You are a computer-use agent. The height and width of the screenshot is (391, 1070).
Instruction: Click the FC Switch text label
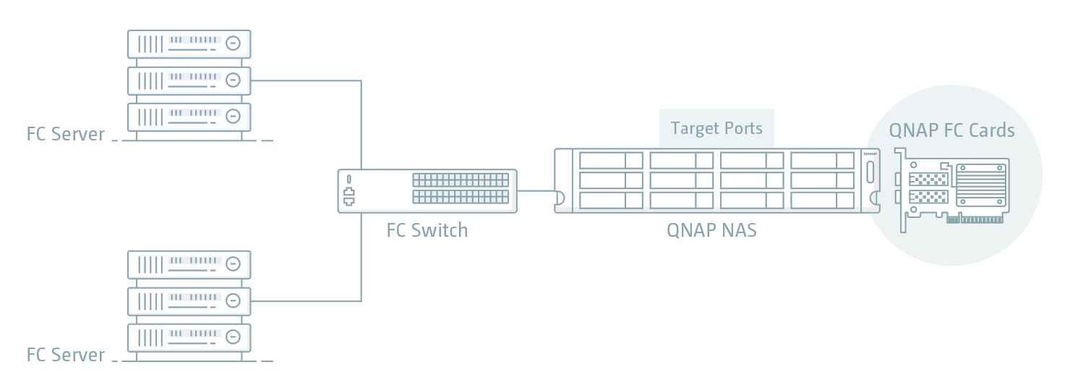pos(427,230)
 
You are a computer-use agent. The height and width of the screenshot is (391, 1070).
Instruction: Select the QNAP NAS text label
pos(711,230)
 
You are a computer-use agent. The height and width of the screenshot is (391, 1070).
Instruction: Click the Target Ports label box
pos(716,129)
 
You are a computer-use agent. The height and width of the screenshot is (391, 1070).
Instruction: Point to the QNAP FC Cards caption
pos(951,130)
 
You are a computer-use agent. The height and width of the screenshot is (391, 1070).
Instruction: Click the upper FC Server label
pos(66,134)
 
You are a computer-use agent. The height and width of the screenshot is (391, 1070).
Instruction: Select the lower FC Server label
pos(66,355)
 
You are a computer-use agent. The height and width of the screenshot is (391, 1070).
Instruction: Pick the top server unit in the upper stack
pos(189,43)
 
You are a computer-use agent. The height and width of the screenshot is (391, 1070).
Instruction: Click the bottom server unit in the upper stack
pos(189,116)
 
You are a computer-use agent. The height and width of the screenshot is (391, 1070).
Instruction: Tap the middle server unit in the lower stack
pos(189,300)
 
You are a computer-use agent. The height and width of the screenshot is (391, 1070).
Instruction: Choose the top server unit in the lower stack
pos(189,264)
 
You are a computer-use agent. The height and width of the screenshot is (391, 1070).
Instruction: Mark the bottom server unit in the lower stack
pos(189,337)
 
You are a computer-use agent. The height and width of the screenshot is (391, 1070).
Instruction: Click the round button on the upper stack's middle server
pos(233,80)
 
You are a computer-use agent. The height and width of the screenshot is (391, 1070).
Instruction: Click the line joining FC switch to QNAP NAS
pos(535,191)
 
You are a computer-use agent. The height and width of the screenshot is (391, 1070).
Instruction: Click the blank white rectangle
pos(800,324)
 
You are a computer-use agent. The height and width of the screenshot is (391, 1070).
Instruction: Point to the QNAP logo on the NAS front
pos(870,154)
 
